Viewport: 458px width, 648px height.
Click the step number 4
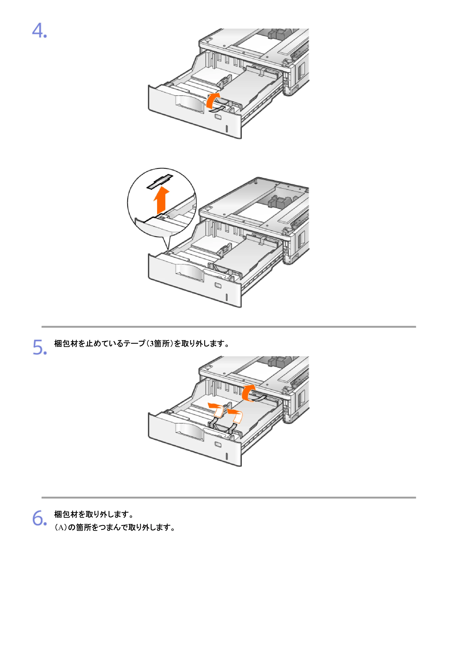[x=39, y=30]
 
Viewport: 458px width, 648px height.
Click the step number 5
[x=40, y=347]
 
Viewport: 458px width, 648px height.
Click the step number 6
[x=40, y=518]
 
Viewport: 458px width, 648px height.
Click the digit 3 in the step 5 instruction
[x=152, y=343]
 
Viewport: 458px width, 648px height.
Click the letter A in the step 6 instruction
[x=60, y=528]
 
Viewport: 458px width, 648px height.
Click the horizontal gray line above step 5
[x=229, y=327]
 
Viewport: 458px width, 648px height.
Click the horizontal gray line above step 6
[x=229, y=498]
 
